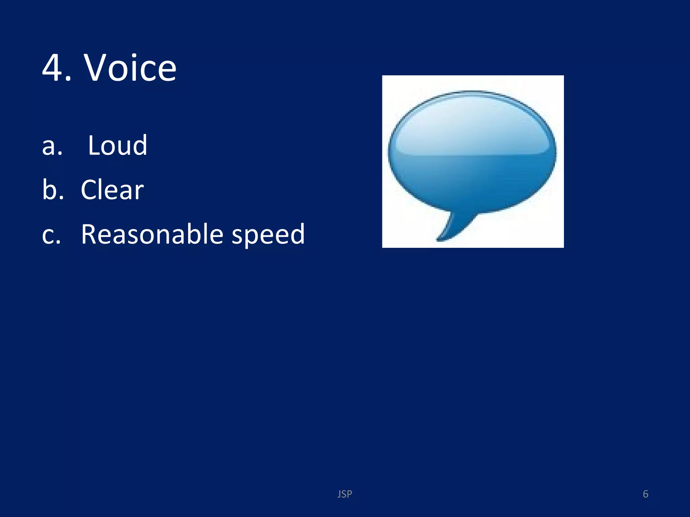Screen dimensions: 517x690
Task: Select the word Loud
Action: [118, 145]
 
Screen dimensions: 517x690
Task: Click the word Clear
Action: [112, 190]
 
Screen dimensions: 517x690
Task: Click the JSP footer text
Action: [345, 494]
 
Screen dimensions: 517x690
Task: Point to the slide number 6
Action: [646, 494]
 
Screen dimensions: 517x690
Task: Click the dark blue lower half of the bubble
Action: [472, 182]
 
